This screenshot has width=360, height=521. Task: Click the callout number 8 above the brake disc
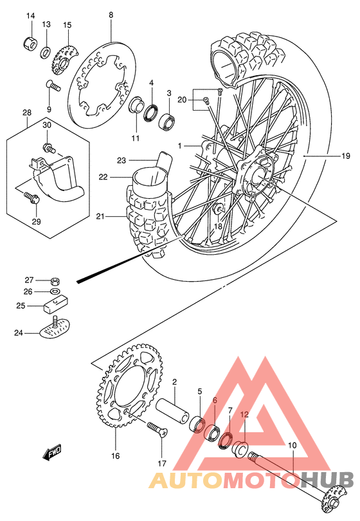[x=111, y=15]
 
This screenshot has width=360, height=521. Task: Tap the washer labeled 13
[x=47, y=51]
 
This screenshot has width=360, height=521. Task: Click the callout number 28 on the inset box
[x=27, y=114]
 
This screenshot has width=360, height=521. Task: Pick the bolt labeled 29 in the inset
[x=32, y=197]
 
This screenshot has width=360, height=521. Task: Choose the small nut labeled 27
[x=56, y=281]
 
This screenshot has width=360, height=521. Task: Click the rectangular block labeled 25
[x=56, y=306]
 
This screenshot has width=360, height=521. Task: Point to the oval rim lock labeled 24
[x=55, y=330]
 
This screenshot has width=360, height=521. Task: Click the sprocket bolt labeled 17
[x=156, y=429]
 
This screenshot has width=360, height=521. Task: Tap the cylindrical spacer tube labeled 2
[x=172, y=410]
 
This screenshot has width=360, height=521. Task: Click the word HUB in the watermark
[x=327, y=480]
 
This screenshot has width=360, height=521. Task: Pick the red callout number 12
[x=244, y=415]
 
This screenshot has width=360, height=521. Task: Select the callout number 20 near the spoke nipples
[x=182, y=99]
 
